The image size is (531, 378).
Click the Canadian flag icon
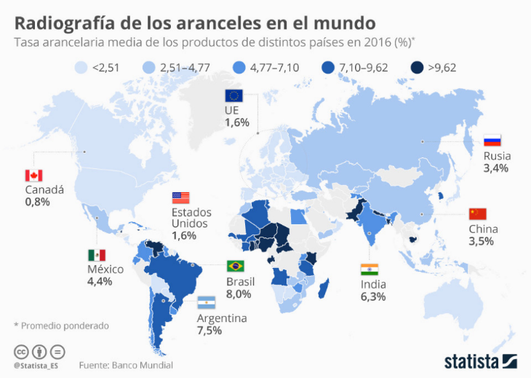tap(33, 176)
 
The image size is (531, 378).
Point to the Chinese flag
tap(477, 213)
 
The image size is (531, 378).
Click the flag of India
tap(370, 269)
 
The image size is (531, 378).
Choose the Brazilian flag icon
tap(235, 266)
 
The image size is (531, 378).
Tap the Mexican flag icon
tap(97, 255)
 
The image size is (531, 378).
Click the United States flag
tap(180, 197)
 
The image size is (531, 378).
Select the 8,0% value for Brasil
tap(239, 294)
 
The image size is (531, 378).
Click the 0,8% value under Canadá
tap(37, 202)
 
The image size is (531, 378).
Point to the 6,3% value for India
tap(372, 296)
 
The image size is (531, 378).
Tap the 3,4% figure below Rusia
tap(495, 168)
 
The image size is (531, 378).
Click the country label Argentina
tap(222, 318)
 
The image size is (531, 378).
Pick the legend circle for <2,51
tap(82, 68)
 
